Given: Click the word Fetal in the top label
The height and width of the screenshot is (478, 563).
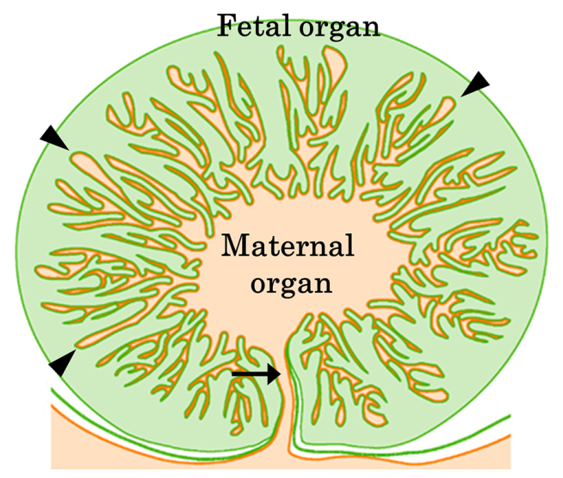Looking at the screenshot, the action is [253, 26].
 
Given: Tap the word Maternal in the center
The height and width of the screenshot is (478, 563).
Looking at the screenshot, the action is [288, 245].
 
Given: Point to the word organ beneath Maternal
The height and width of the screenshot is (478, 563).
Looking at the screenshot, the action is [291, 283].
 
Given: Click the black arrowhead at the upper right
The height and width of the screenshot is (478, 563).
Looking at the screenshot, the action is [476, 84].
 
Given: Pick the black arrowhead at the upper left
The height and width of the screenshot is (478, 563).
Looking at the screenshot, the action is [54, 138].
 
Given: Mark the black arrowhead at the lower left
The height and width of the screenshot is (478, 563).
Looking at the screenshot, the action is [62, 363].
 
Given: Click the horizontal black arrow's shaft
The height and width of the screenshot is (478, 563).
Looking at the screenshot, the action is [251, 374].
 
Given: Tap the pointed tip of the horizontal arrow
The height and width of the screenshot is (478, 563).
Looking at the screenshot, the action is [281, 374].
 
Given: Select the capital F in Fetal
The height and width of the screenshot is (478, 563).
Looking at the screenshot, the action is [227, 26].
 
